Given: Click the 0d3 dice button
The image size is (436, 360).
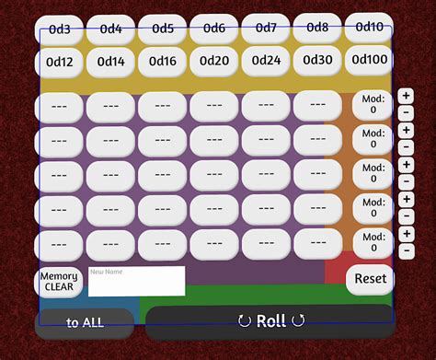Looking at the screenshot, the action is coord(60,29).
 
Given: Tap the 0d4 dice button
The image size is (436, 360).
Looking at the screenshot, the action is coord(111,29).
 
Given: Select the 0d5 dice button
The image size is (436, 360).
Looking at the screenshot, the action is coord(163,29).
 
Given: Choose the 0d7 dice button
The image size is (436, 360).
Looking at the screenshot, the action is coord(266,29).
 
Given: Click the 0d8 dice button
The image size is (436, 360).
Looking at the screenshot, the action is coord(317,28).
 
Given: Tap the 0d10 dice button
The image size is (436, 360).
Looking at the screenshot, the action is coord(369,27).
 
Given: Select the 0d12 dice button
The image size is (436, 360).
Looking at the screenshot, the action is coord(60,62).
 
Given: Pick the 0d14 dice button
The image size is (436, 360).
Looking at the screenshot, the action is coord(111,62).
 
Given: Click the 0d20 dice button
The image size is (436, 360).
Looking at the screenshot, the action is coord(214,61).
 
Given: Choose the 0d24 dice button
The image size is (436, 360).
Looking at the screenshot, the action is coord(266,61).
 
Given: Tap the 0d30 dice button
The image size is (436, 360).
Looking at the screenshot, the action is coord(317,60).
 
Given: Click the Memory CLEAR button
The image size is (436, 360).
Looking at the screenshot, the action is coord(59,282).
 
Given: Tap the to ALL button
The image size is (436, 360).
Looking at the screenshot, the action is coord(85,322).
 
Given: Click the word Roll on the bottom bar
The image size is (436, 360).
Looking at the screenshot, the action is coord(270,320).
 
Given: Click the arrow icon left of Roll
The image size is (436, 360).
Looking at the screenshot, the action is coord(244,320).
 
